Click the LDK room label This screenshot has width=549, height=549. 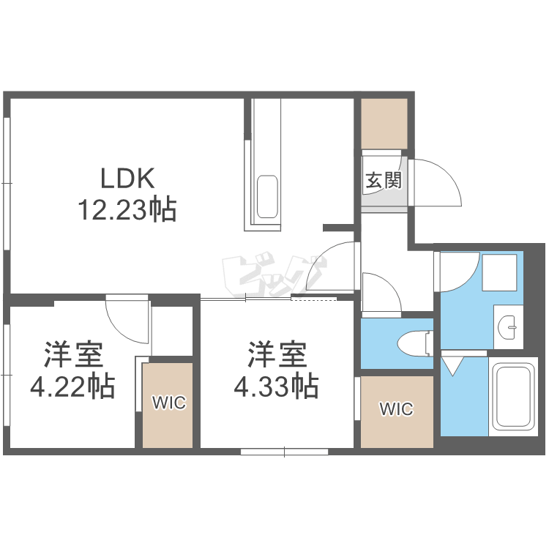(x=126, y=178)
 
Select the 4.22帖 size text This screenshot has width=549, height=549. (x=72, y=386)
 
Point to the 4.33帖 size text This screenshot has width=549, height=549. (x=276, y=386)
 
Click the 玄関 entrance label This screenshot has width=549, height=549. (x=382, y=181)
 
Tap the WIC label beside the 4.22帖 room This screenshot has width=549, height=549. (x=168, y=403)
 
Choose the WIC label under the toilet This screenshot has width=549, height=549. (x=396, y=409)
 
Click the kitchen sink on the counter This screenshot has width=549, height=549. (x=266, y=196)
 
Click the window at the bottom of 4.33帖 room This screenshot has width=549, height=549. (x=284, y=452)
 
